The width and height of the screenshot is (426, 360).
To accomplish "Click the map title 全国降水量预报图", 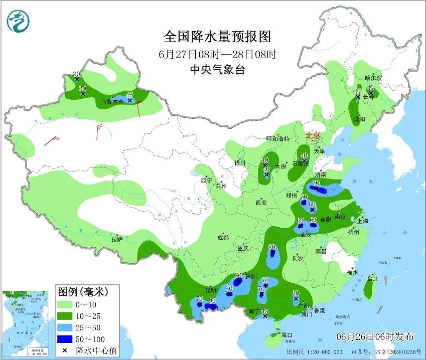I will coord(217,37).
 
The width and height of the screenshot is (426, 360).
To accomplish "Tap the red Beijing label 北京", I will coord(313,135).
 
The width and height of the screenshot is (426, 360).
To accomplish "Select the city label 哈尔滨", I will coord(373,78).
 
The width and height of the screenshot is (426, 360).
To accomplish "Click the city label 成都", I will coord(223,237).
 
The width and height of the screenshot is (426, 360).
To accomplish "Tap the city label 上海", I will coord(362,221).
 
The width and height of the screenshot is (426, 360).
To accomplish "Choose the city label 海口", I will coord(287,334).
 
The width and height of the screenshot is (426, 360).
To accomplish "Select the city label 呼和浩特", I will coord(278,138).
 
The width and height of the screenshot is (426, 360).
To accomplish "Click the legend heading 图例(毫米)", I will coord(82,291).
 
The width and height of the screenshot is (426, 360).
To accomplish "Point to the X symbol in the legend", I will coord(65,350).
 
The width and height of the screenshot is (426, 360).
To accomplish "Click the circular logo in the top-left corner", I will coord(19,22).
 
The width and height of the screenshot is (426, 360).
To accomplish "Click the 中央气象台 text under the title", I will coord(217,70).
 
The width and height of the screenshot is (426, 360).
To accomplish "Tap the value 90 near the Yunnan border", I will coord(212,300).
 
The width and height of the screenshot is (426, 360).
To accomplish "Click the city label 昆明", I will coord(211,290).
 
